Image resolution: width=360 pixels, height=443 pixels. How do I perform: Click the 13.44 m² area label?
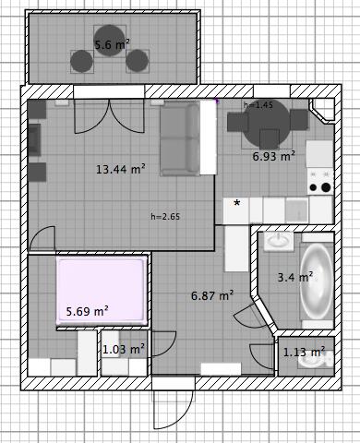pos(121,169)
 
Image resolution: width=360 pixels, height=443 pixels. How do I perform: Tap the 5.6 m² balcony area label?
pos(112,45)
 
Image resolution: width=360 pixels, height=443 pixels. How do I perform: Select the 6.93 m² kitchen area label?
pos(274,156)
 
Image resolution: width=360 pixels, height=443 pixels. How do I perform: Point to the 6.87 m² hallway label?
pos(212,295)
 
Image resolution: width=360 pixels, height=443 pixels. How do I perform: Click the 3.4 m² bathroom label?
pos(295,277)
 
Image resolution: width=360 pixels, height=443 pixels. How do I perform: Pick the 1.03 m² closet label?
pos(124,350)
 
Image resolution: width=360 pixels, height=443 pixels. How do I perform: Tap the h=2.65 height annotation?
pos(165,217)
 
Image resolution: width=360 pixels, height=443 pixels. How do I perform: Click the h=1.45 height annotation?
pos(258,105)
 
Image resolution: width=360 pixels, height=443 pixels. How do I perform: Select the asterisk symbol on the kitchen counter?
pos(237,203)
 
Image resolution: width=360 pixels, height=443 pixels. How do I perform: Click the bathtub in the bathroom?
pos(317,281)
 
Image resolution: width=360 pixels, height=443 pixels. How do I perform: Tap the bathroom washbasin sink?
pos(279,241)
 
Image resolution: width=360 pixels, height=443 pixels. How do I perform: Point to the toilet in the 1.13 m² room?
pos(316,359)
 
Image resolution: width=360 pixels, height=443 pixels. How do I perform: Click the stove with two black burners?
pos(320,182)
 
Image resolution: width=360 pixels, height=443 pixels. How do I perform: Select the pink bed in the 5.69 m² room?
pos(101,292)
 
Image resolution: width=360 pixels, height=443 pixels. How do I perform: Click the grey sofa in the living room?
pos(180,139)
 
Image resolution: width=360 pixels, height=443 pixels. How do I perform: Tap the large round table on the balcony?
pos(110,41)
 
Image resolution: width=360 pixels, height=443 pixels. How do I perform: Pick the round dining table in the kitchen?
pos(267,123)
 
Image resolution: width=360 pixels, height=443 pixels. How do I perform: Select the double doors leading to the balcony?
pos(110,116)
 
